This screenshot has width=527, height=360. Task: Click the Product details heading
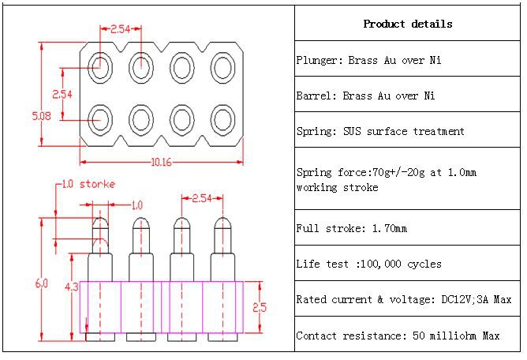point(408,24)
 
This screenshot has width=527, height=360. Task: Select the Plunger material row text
point(368,60)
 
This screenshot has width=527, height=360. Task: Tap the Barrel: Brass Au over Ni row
point(365,96)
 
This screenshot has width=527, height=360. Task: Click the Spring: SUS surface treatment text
point(380,132)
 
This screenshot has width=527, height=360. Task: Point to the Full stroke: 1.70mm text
point(352,229)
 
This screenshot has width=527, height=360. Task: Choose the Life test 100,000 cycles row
point(368,264)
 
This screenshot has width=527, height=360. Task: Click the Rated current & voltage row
point(404,300)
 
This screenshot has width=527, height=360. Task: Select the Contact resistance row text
point(398,336)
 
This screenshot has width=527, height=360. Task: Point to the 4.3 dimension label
point(70,287)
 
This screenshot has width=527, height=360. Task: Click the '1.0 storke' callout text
point(89,185)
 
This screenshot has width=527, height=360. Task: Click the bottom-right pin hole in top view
point(222,120)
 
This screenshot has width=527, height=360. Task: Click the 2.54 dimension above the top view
point(120,28)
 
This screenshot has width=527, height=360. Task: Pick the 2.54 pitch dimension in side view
point(201,197)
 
